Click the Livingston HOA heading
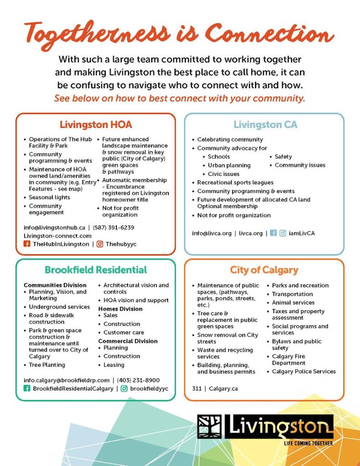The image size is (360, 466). click(96, 124)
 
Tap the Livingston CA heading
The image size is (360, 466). click(265, 124)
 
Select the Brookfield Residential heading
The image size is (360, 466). click(96, 270)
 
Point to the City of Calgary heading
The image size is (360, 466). click(264, 270)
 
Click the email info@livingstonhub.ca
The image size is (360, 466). click(55, 227)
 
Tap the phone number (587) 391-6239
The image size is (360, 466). click(113, 227)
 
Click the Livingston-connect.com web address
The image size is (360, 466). click(57, 236)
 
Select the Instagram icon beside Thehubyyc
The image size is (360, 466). click(100, 244)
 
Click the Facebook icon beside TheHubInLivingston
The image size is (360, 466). click(27, 244)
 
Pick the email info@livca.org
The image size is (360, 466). click(212, 233)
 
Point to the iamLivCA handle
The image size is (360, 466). click(301, 233)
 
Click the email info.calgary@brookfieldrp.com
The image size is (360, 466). click(66, 380)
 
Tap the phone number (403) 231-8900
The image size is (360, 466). click(138, 380)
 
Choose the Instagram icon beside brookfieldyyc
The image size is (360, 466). click(124, 389)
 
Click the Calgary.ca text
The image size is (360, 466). click(223, 389)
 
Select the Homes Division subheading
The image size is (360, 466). click(120, 309)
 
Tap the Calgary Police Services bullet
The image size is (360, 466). click(304, 371)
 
